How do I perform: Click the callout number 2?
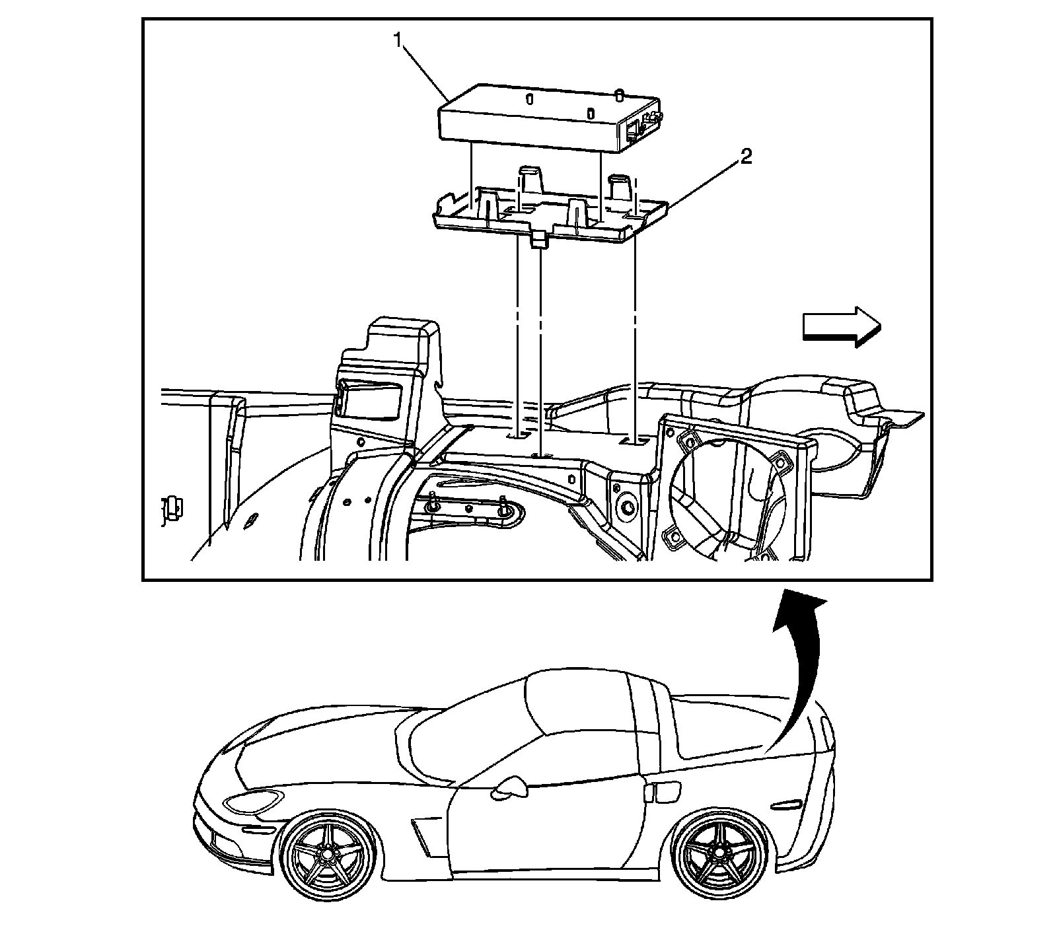pos(745,157)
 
